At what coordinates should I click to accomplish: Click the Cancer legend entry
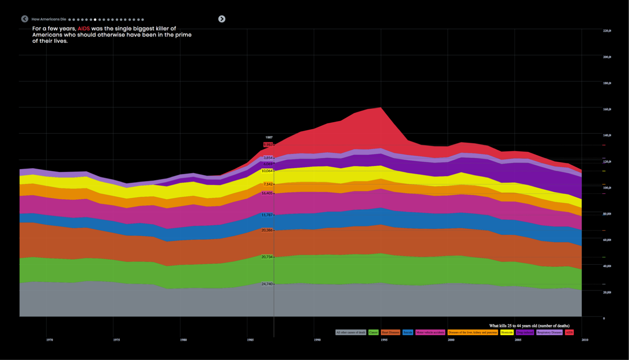373,332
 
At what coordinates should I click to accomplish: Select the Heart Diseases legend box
390,332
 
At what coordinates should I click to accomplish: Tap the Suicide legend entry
408,332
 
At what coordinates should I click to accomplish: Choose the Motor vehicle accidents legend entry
430,332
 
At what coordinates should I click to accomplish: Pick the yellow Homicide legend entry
507,332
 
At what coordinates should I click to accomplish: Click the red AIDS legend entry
569,332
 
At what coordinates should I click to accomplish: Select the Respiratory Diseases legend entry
549,332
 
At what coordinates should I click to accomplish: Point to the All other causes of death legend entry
351,332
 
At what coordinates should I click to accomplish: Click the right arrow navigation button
222,19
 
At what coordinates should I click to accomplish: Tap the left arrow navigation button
25,19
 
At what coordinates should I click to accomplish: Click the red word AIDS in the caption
84,29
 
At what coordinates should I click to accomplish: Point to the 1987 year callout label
269,138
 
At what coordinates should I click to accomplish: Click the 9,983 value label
268,145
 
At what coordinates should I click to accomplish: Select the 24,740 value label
267,284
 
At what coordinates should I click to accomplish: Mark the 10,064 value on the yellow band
267,171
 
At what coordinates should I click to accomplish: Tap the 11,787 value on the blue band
267,215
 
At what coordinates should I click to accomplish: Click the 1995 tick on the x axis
384,340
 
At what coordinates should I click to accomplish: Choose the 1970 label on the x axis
49,340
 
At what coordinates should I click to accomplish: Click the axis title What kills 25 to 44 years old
529,326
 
